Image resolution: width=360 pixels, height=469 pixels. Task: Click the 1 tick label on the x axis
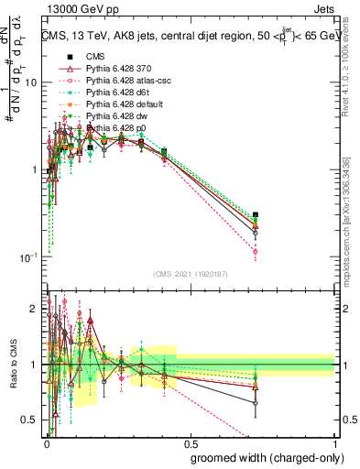coord(333,442)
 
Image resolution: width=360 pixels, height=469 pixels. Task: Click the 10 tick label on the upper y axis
coord(30,83)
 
